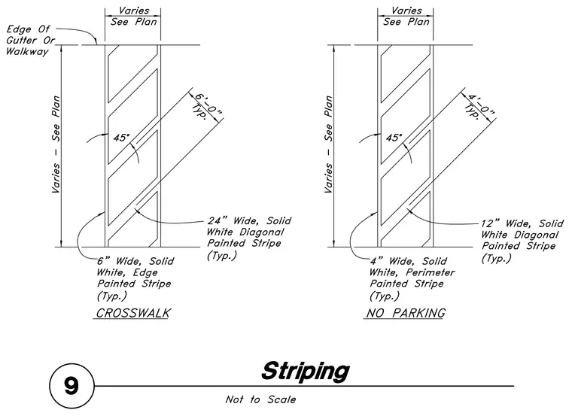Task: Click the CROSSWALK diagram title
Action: click(x=133, y=313)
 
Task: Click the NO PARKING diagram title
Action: click(x=406, y=313)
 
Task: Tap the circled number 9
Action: click(x=71, y=386)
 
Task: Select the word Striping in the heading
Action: click(x=306, y=372)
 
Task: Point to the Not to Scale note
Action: click(x=260, y=399)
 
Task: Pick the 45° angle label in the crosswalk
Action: click(x=121, y=138)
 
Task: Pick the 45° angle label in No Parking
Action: click(x=394, y=138)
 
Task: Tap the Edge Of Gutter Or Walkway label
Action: click(x=30, y=40)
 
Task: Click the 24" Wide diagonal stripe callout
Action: click(x=249, y=238)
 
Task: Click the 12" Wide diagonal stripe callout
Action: click(x=522, y=241)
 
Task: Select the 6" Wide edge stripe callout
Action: click(x=135, y=278)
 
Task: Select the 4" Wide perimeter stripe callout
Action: click(x=412, y=278)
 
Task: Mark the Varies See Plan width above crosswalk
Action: click(x=133, y=17)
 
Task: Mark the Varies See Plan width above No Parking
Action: click(x=406, y=17)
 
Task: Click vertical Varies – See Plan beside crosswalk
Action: click(x=56, y=144)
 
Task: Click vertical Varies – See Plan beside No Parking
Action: click(x=329, y=144)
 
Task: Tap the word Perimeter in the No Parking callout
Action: click(x=431, y=272)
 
